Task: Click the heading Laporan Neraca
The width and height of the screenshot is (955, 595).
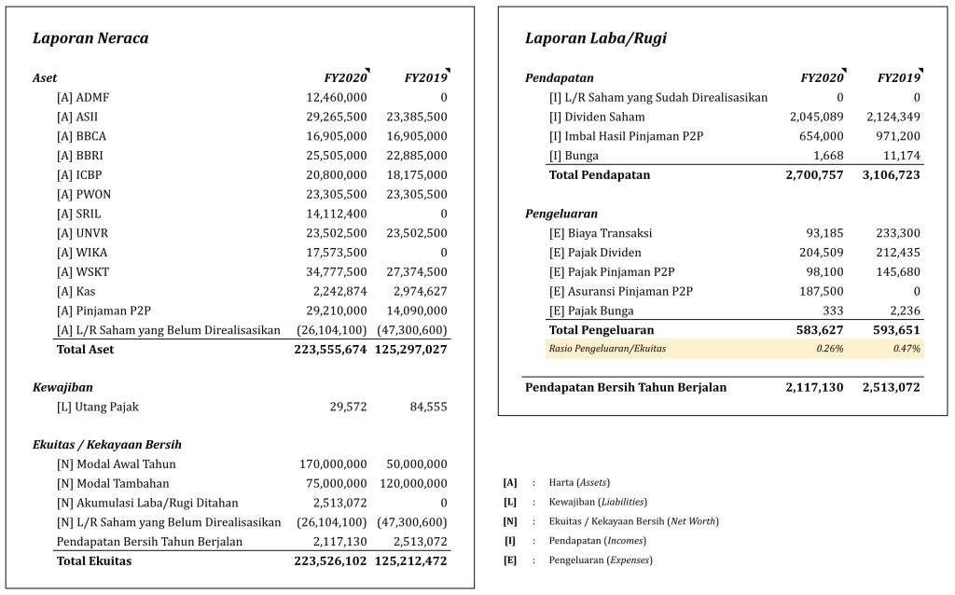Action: pos(90,39)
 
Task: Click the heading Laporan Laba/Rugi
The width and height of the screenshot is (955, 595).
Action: pos(596,39)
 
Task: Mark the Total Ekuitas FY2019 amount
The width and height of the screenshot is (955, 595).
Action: pos(411,561)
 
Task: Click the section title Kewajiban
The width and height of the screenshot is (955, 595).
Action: pos(62,387)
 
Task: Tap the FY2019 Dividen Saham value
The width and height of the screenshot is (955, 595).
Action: pos(893,118)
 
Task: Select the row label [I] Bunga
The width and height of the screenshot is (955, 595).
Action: pos(574,156)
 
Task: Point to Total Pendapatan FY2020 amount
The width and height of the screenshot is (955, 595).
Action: pos(811,175)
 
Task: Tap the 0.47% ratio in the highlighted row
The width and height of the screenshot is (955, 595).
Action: pos(906,349)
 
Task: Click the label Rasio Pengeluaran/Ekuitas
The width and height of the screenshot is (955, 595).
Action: pos(607,349)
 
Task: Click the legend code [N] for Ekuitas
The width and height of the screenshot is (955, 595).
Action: pos(509,521)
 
